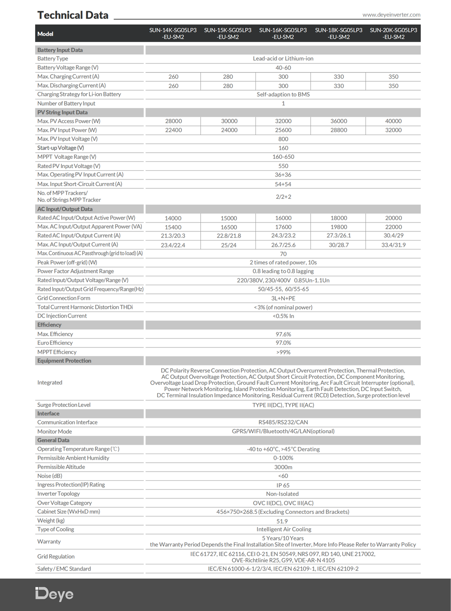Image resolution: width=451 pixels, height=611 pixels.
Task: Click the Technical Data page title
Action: (73, 15)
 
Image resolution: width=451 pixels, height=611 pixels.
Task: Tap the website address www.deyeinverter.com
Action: (391, 15)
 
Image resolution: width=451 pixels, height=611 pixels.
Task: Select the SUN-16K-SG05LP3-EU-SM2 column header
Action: (283, 33)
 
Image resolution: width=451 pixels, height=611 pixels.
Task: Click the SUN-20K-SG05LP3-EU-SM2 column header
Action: (393, 33)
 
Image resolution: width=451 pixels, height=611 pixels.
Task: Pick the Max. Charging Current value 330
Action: (339, 77)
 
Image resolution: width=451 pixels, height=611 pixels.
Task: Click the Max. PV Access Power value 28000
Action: (174, 121)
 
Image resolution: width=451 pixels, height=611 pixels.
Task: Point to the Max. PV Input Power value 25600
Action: (283, 130)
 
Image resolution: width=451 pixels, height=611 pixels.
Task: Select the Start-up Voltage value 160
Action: (283, 148)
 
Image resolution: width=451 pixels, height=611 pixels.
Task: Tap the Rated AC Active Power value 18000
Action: (339, 218)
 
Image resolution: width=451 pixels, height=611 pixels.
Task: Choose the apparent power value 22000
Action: (393, 227)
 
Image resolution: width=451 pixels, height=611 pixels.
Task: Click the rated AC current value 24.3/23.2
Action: (283, 236)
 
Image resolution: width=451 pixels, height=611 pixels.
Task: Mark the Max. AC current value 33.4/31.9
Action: (393, 245)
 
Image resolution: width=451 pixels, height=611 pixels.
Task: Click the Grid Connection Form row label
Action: (63, 298)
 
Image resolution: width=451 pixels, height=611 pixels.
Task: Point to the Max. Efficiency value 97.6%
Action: (283, 334)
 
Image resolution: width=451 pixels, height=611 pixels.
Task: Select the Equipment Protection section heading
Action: (64, 361)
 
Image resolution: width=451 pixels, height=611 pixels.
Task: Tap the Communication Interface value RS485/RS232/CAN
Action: (283, 422)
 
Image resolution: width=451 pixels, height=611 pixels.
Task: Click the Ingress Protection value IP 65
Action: (283, 485)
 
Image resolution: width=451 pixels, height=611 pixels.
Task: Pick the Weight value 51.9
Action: (282, 521)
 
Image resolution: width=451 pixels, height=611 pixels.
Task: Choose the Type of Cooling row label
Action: (55, 530)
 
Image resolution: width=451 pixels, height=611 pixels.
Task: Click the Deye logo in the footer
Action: (54, 594)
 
